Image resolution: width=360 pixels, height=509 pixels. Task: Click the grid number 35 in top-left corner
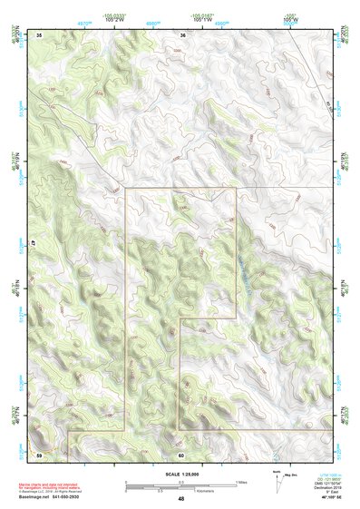(x=40, y=34)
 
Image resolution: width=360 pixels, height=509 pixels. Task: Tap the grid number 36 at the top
(x=182, y=34)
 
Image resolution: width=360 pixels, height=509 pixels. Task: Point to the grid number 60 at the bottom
(x=181, y=455)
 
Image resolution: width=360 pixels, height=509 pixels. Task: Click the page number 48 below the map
(x=181, y=499)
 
